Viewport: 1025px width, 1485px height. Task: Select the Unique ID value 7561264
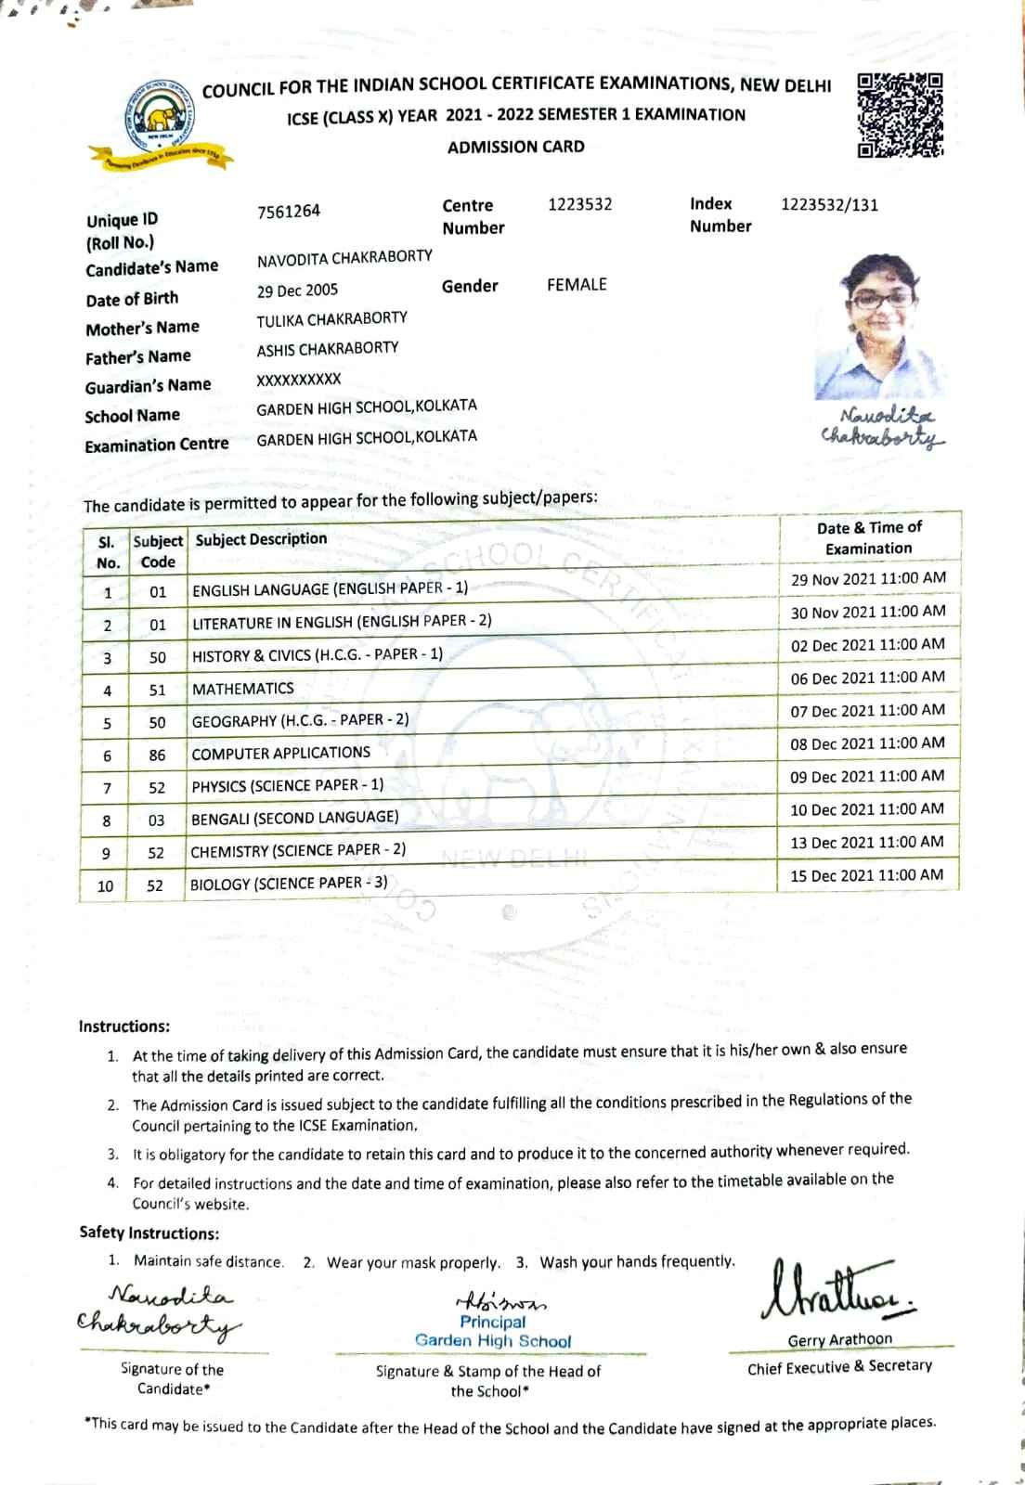[x=289, y=212]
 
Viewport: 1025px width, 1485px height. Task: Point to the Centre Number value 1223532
[x=579, y=204]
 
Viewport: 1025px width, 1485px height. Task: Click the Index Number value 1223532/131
[x=829, y=205]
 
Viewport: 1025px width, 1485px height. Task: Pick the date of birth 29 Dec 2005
[x=297, y=291]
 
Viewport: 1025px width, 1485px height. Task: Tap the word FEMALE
[x=577, y=285]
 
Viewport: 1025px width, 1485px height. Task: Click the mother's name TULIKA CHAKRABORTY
[x=331, y=318]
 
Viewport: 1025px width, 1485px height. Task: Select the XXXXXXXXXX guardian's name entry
[x=299, y=379]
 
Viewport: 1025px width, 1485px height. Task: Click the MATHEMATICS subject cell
[x=242, y=689]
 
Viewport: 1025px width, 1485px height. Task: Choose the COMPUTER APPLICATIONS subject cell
[x=280, y=754]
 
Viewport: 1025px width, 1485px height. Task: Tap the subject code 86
[x=157, y=755]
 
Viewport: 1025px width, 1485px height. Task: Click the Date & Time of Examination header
[x=868, y=537]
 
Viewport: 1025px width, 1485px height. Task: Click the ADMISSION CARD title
[x=515, y=147]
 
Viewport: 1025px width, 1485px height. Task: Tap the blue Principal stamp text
[x=492, y=1322]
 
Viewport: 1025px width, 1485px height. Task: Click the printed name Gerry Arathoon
[x=839, y=1340]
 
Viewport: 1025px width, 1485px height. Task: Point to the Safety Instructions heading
[x=149, y=1233]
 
